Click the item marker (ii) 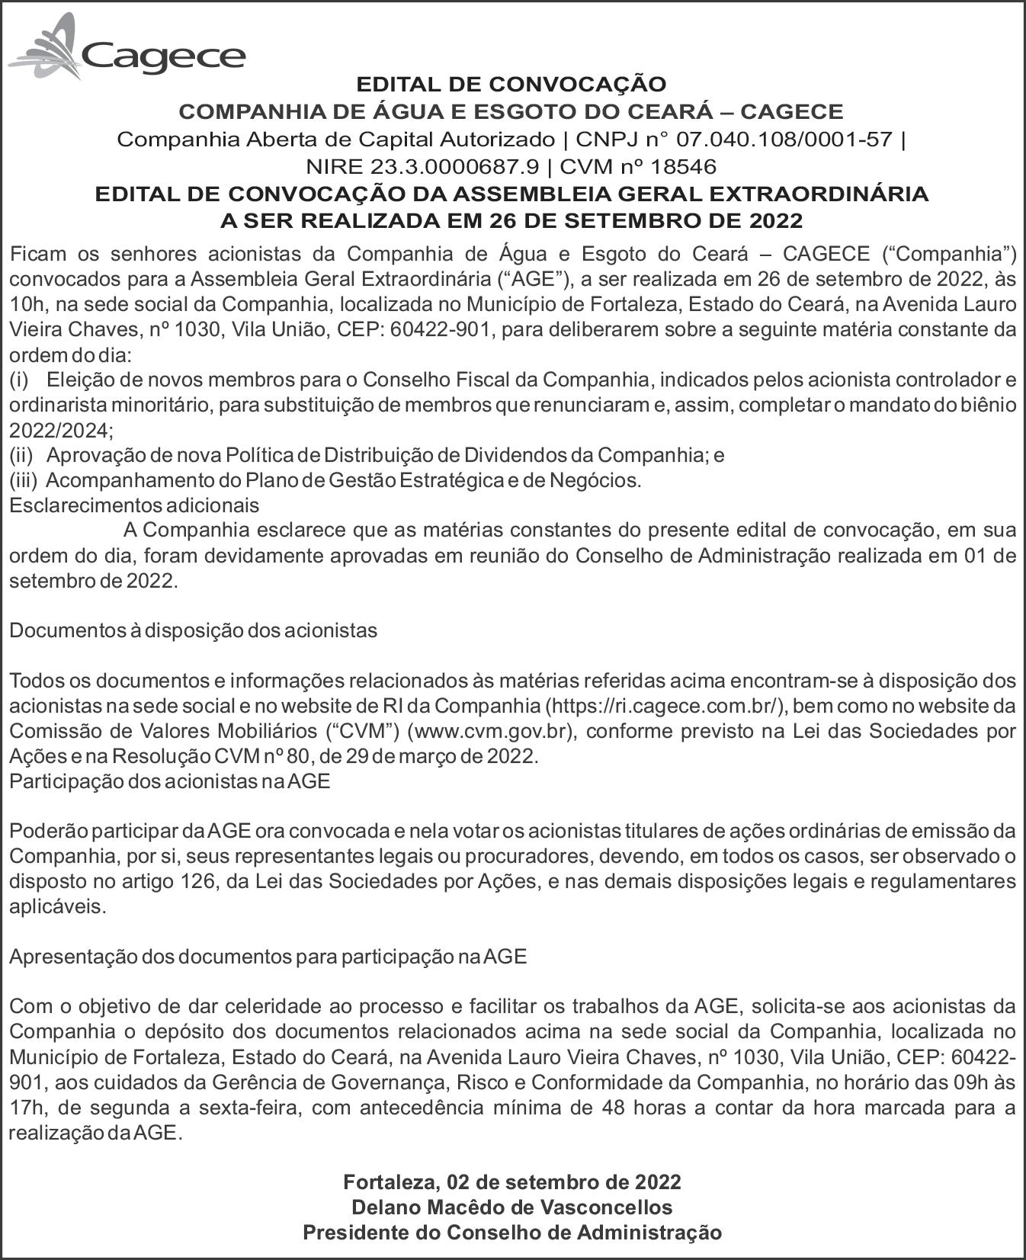[x=21, y=455]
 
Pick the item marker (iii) [x=23, y=480]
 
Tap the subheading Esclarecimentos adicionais [x=133, y=505]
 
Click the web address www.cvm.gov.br [x=490, y=731]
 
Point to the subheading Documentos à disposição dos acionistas [x=193, y=630]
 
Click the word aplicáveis [x=57, y=906]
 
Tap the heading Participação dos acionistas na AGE [x=169, y=782]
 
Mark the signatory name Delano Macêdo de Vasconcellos [x=512, y=1207]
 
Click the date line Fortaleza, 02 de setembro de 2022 [x=512, y=1181]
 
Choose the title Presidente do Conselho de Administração [x=512, y=1232]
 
